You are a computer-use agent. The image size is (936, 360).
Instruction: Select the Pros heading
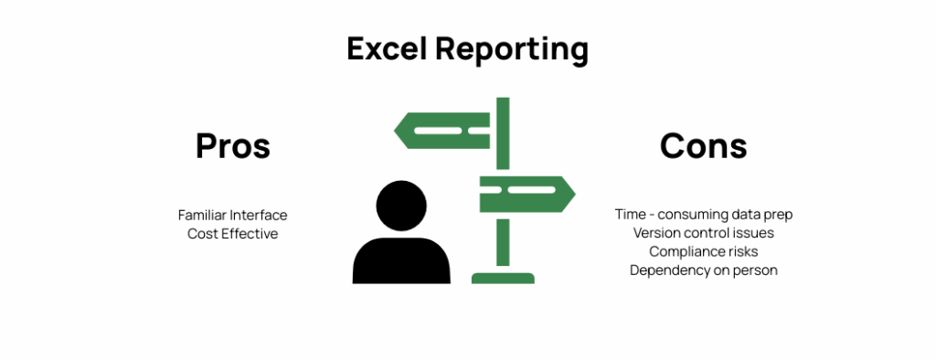(233, 146)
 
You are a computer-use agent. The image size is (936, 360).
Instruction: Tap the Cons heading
(703, 146)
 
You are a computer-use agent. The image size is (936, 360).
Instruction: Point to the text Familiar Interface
(232, 216)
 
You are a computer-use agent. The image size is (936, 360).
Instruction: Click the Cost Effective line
(232, 234)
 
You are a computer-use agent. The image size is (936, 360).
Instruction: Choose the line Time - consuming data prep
(703, 215)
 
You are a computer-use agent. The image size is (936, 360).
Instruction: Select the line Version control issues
(703, 233)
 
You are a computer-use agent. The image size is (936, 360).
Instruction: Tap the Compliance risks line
(703, 251)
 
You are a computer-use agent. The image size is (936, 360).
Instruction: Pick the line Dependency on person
(703, 270)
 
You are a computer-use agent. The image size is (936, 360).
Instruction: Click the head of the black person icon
(400, 206)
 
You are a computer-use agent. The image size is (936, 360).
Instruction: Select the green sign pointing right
(526, 194)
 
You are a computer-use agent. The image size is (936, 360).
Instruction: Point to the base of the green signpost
(503, 277)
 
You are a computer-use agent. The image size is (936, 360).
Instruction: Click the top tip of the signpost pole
(503, 101)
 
